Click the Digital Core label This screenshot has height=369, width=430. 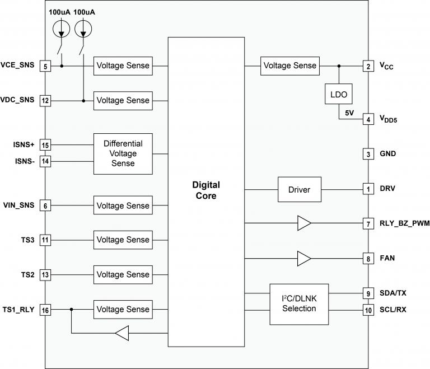(206, 190)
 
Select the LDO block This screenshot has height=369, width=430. (339, 95)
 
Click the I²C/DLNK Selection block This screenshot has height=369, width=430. (299, 303)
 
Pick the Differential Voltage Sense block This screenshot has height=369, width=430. (123, 153)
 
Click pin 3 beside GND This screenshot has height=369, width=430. (367, 154)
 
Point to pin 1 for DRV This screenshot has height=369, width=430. (367, 189)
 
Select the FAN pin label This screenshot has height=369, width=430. (387, 259)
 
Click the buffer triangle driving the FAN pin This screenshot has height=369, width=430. (303, 259)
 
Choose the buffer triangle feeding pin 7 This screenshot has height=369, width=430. (303, 224)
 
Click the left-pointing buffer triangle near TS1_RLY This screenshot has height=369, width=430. (121, 334)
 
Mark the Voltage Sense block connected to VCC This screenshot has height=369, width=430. (289, 66)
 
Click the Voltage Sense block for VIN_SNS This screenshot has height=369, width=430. (123, 205)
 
